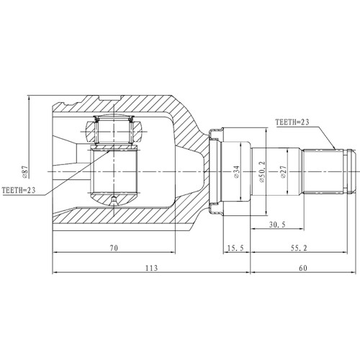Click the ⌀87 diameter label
coord(25,171)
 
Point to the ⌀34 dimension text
coord(235,174)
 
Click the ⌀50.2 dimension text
coord(264,174)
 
